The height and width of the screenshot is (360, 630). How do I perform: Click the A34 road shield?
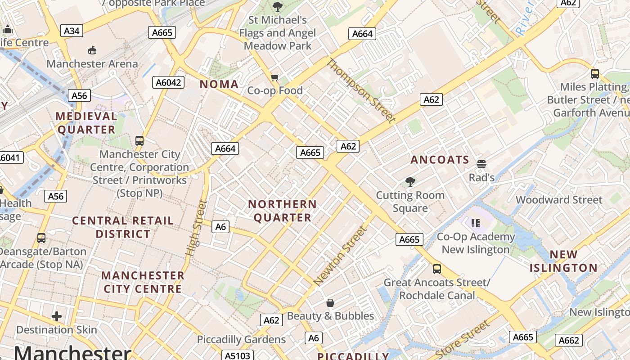click(x=72, y=31)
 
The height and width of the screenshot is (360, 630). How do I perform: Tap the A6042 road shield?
click(x=168, y=82)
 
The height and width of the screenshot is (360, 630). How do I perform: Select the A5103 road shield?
click(x=237, y=355)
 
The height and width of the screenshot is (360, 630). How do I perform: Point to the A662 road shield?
click(x=569, y=340)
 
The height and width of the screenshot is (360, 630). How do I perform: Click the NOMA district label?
click(x=219, y=84)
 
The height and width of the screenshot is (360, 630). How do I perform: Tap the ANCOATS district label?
click(x=440, y=160)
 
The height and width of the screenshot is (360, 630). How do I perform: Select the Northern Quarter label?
click(x=282, y=211)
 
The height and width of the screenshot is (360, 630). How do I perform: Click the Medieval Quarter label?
click(x=86, y=123)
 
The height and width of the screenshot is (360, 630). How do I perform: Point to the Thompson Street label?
click(x=360, y=90)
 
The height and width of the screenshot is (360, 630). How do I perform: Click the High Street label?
click(x=196, y=228)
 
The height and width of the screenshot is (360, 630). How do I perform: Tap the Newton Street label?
click(x=340, y=256)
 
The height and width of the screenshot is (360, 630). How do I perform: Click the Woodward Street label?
click(x=558, y=200)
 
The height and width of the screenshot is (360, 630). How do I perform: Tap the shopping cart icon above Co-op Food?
click(x=275, y=77)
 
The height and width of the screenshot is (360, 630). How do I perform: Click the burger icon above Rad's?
click(x=481, y=164)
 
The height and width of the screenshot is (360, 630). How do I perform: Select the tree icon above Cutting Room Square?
click(x=410, y=182)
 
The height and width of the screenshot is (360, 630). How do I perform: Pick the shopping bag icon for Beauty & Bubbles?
click(x=330, y=303)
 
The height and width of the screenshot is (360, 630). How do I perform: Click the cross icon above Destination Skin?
click(x=57, y=316)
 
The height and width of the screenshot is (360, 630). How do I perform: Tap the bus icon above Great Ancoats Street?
click(x=436, y=269)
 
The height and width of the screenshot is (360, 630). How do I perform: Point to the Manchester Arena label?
click(x=92, y=64)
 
